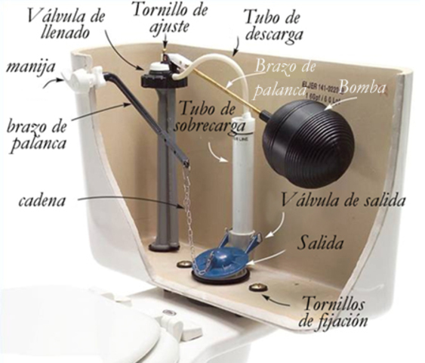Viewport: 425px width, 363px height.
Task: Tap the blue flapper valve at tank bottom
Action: [x=223, y=258]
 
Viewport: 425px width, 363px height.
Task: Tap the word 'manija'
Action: [x=28, y=69]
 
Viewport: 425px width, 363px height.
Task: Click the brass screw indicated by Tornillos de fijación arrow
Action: [x=259, y=288]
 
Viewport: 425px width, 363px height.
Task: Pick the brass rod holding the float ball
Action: [x=226, y=92]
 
